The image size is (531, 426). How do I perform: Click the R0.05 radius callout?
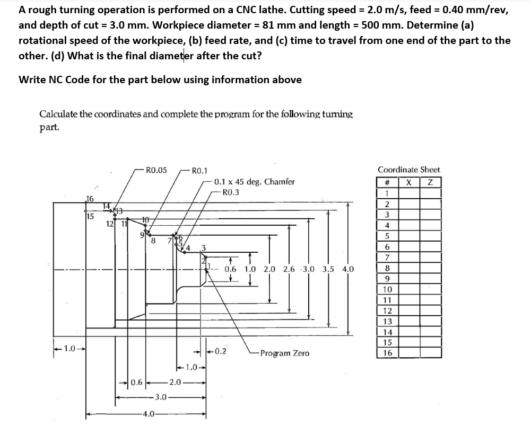[156, 170]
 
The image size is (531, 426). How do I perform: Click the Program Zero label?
[285, 353]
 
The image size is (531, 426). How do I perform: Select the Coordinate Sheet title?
[408, 170]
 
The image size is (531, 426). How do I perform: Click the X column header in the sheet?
[410, 182]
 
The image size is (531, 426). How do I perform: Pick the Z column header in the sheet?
[431, 182]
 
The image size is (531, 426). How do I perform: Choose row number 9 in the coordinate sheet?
[387, 279]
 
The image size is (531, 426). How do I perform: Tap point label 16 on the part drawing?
[90, 199]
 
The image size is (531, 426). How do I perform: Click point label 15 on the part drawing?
[90, 216]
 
